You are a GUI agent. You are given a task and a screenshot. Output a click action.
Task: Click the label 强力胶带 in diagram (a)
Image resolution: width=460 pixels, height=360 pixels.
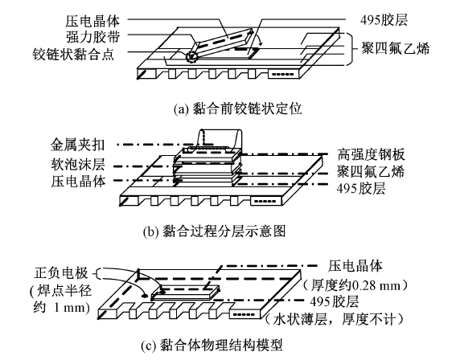click(93, 37)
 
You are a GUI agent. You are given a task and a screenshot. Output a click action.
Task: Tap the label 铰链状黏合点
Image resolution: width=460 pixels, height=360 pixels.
click(73, 54)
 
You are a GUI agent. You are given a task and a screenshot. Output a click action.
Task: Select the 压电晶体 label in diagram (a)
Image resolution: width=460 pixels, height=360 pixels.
click(92, 22)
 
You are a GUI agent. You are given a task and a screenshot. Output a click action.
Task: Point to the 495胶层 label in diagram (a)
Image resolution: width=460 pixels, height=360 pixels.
click(384, 20)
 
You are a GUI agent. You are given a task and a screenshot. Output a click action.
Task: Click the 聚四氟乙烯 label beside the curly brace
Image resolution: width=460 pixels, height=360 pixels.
click(395, 48)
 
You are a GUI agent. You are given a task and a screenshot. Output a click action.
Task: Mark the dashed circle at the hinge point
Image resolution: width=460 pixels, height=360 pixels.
click(191, 56)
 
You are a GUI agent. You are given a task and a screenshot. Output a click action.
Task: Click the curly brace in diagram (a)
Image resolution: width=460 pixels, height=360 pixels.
click(350, 49)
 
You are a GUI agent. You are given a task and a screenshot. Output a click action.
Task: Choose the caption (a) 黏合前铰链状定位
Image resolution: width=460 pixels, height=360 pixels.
click(238, 109)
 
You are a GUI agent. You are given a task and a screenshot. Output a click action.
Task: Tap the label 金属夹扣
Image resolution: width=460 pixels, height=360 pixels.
click(77, 145)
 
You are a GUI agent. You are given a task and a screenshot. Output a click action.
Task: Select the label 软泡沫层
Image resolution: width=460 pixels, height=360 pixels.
click(78, 164)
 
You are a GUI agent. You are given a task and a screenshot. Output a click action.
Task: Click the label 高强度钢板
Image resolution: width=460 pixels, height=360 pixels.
click(371, 154)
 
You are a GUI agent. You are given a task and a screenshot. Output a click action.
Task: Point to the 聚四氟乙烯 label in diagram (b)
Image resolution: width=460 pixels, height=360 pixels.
click(371, 171)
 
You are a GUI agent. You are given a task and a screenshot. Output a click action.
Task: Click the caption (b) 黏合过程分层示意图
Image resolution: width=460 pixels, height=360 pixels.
click(214, 231)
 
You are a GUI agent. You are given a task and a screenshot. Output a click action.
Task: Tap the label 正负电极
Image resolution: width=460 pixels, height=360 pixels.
click(61, 273)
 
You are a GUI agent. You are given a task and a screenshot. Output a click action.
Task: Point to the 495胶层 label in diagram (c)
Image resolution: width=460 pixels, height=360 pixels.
click(335, 301)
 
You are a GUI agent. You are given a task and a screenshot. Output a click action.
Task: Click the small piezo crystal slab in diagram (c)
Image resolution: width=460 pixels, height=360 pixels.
click(186, 292)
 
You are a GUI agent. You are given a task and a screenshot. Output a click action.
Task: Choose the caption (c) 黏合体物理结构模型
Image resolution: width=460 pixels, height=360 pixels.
click(212, 345)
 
